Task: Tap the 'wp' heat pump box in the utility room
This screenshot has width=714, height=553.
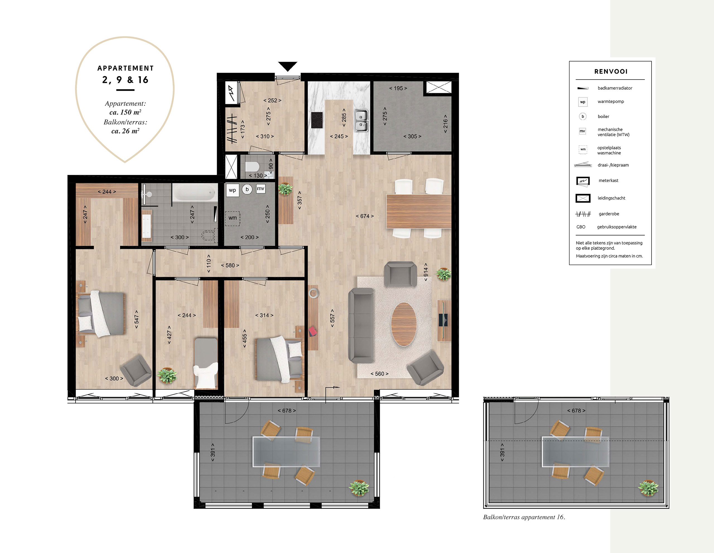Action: (x=232, y=190)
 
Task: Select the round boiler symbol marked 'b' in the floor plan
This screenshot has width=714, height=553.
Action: (x=247, y=189)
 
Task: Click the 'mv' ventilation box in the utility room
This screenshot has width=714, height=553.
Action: (x=260, y=189)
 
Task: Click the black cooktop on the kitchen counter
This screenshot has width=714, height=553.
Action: (x=317, y=120)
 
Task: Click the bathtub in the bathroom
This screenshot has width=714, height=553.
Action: (x=194, y=192)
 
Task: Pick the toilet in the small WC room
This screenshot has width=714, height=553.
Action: (x=252, y=167)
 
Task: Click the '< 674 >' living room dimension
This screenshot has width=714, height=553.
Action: (x=365, y=216)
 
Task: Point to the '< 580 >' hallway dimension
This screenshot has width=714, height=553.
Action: (x=230, y=266)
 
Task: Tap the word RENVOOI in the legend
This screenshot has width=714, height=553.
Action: (x=611, y=72)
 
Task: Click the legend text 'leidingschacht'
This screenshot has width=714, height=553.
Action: (x=611, y=198)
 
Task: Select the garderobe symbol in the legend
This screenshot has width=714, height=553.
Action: (x=583, y=214)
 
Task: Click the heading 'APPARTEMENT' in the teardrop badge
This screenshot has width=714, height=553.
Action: (x=126, y=68)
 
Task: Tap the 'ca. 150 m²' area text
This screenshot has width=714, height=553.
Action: (x=125, y=112)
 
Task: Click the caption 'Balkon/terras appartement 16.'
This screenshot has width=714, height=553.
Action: (x=524, y=517)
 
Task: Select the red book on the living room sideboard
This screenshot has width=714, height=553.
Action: (x=313, y=331)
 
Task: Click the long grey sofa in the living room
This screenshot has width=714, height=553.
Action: (x=361, y=326)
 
